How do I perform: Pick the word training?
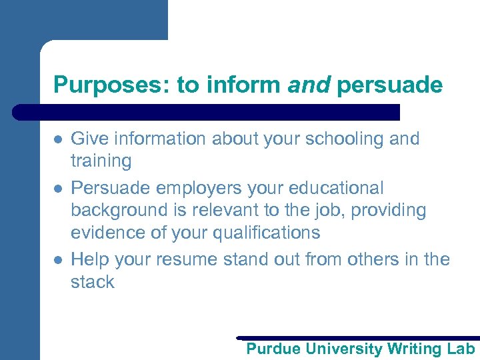click(x=101, y=161)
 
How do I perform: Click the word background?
click(x=117, y=210)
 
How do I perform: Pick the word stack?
click(x=93, y=281)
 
